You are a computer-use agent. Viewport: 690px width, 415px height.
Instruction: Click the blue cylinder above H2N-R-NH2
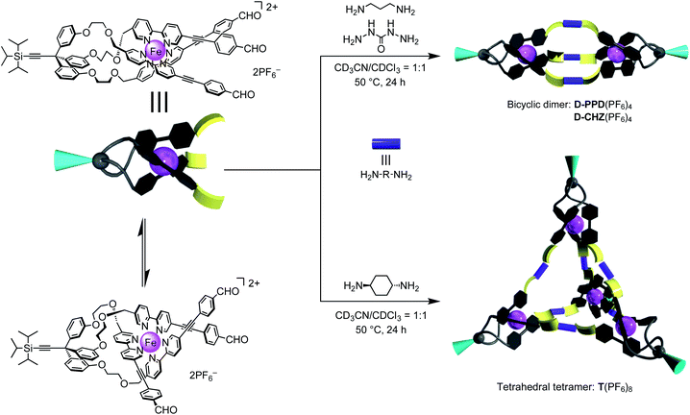coord(382,145)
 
